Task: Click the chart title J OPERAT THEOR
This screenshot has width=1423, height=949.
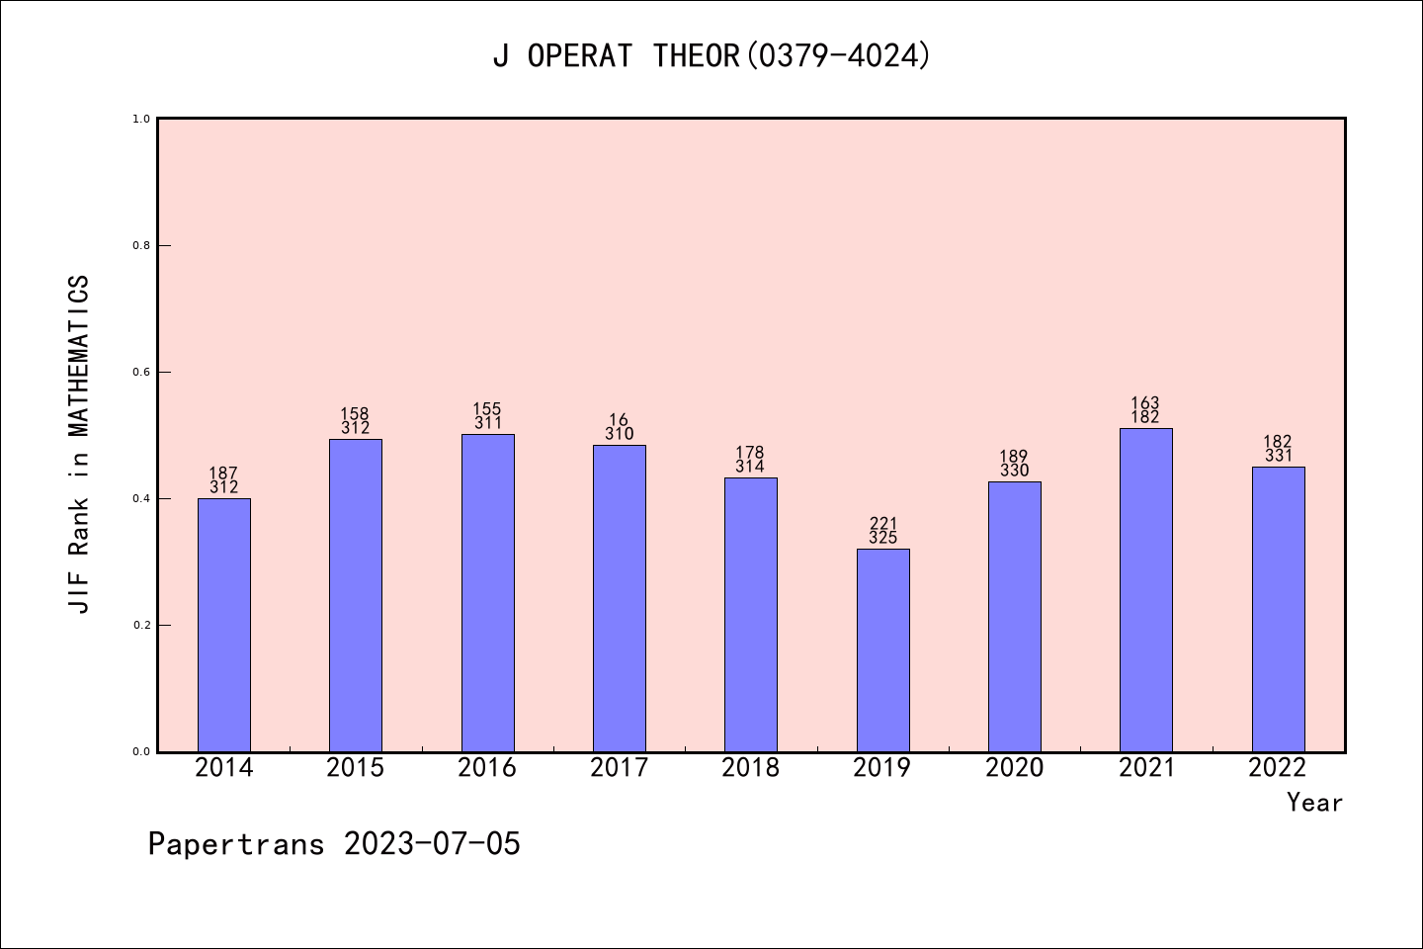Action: [x=711, y=56]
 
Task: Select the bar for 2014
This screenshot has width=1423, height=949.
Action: [x=224, y=625]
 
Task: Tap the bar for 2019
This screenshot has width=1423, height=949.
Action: [x=882, y=650]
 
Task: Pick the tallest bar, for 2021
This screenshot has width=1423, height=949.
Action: [x=1146, y=590]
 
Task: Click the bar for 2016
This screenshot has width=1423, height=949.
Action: [x=487, y=593]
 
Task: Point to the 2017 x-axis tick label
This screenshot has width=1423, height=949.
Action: [x=619, y=768]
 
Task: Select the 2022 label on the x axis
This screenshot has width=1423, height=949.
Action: [x=1278, y=768]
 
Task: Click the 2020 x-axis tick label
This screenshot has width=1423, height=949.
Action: [x=1014, y=768]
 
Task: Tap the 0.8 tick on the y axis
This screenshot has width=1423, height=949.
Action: [x=141, y=245]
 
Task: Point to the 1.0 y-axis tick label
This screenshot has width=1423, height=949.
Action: [x=141, y=119]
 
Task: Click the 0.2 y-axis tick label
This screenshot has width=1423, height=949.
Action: [x=141, y=625]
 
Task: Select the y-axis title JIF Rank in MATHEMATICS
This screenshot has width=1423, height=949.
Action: [x=80, y=443]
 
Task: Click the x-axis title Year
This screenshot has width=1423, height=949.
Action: [x=1314, y=803]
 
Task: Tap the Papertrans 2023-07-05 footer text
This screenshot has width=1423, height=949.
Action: [x=334, y=844]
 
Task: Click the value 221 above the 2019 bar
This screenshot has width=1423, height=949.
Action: [x=882, y=524]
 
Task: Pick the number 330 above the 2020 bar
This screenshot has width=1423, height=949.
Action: [x=1014, y=471]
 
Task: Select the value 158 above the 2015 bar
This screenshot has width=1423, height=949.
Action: [x=355, y=414]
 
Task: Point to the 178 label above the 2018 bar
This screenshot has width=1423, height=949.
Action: [x=750, y=453]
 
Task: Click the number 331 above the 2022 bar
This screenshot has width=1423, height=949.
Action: [x=1278, y=456]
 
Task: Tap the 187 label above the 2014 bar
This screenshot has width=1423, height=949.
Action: [x=223, y=474]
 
